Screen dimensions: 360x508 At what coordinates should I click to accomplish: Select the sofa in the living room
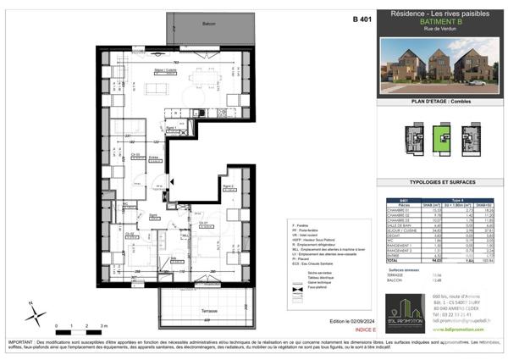click(x=158, y=88)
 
